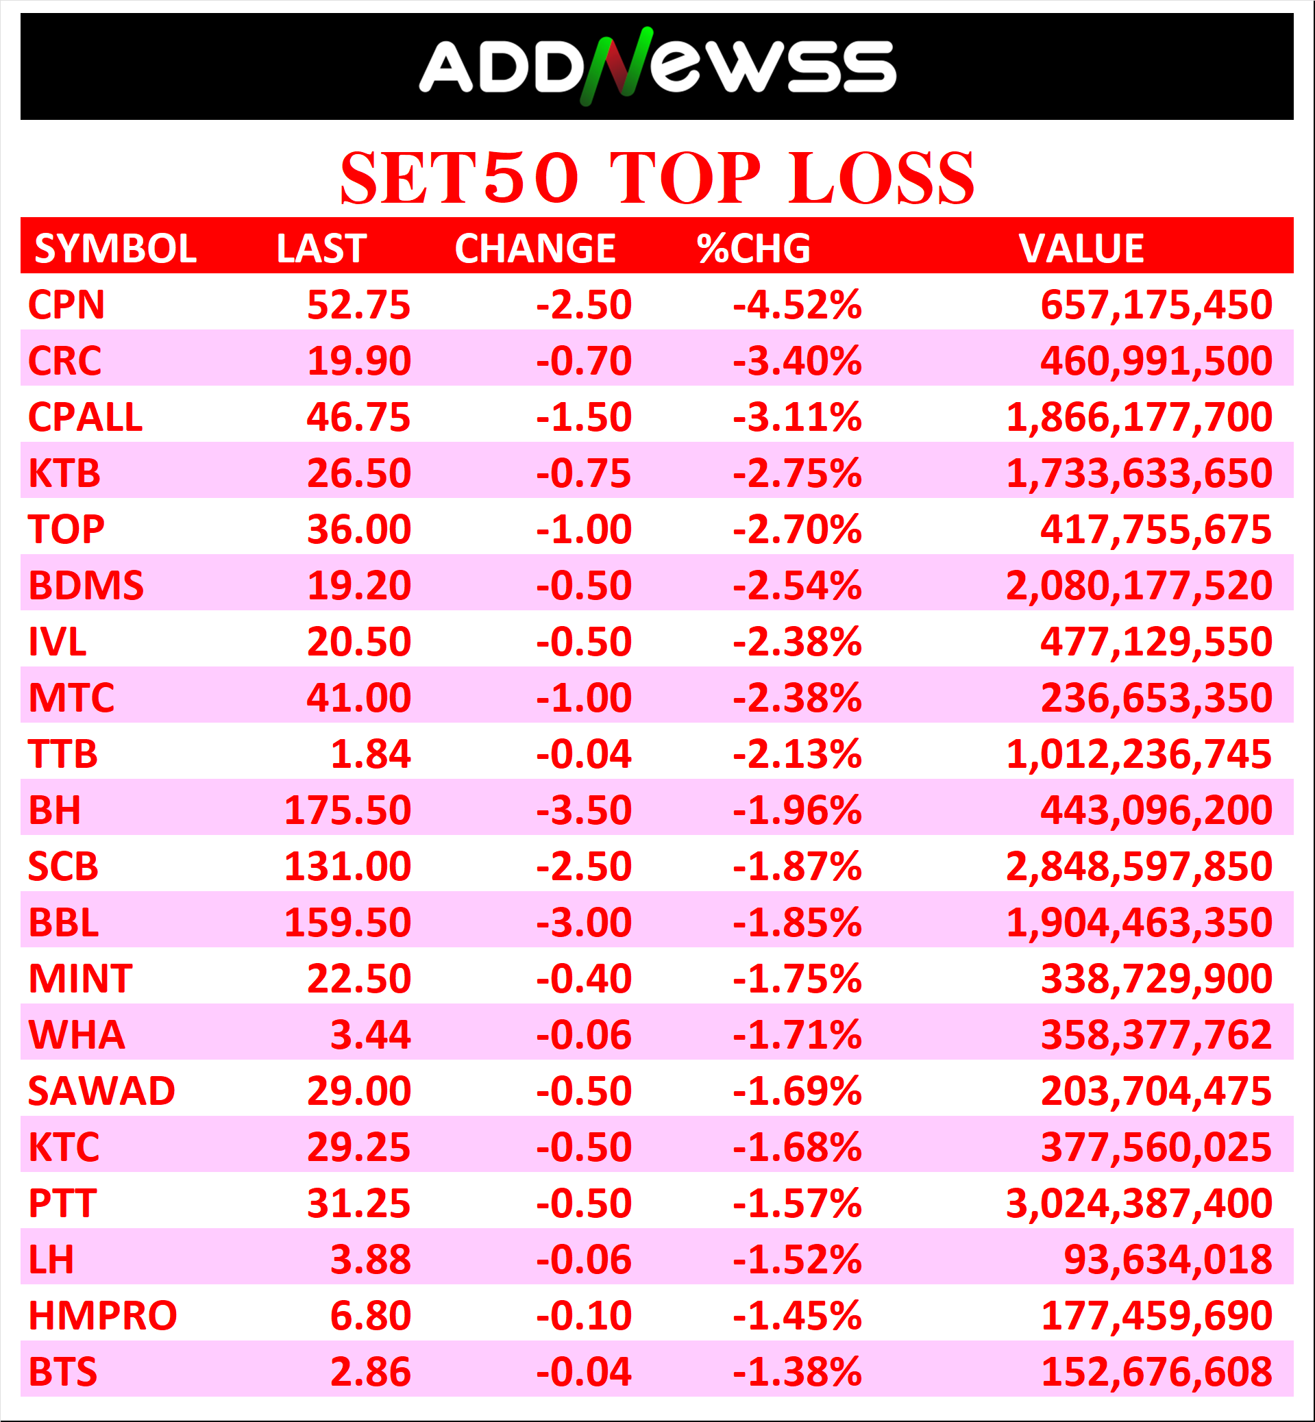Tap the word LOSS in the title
pos(881,178)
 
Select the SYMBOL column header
pos(115,248)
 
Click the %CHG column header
pos(754,248)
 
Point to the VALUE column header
pos(1081,248)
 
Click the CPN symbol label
pos(66,304)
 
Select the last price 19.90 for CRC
pos(358,361)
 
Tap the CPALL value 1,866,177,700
pos(1138,417)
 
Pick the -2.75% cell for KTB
pos(797,473)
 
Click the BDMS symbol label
pos(86,586)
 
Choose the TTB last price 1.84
pos(371,754)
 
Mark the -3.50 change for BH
pos(584,810)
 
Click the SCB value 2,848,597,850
pos(1138,866)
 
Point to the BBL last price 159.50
pos(347,923)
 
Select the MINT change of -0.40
pos(584,979)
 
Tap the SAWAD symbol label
pos(101,1091)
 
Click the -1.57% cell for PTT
pos(797,1203)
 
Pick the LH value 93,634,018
pos(1168,1260)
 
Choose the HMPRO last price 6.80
pos(371,1315)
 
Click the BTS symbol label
pos(62,1371)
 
